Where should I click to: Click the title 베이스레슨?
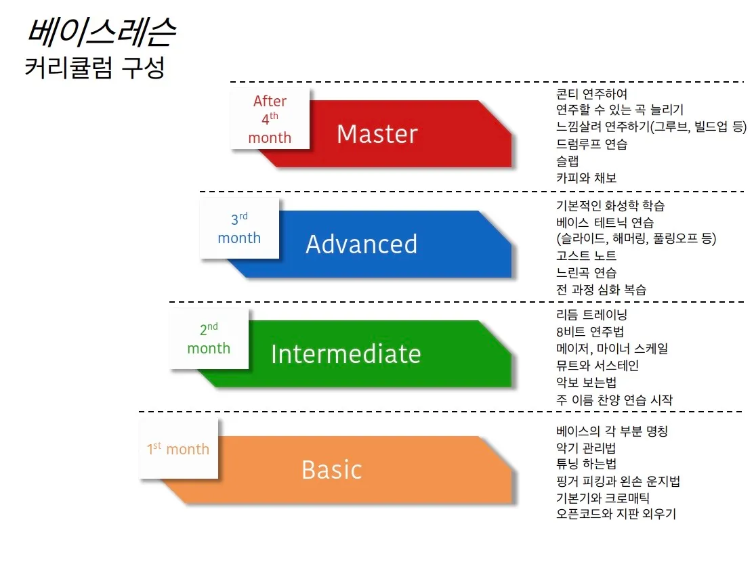pyautogui.click(x=101, y=30)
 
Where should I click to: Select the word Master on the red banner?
pyautogui.click(x=377, y=134)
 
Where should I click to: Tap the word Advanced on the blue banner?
pyautogui.click(x=361, y=244)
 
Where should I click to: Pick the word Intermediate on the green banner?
pyautogui.click(x=345, y=354)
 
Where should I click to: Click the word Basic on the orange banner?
pyautogui.click(x=331, y=470)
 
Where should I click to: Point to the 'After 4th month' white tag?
pyautogui.click(x=270, y=119)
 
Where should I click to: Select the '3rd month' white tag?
pyautogui.click(x=239, y=229)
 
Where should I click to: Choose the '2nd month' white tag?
pyautogui.click(x=209, y=339)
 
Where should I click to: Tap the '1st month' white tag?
pyautogui.click(x=178, y=449)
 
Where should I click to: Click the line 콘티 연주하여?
pyautogui.click(x=591, y=94)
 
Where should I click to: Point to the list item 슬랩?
pyautogui.click(x=567, y=161)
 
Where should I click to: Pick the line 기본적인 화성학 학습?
pyautogui.click(x=610, y=206)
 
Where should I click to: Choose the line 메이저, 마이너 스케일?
pyautogui.click(x=612, y=349)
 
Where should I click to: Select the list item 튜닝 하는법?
pyautogui.click(x=586, y=464)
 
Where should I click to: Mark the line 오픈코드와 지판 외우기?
pyautogui.click(x=615, y=514)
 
